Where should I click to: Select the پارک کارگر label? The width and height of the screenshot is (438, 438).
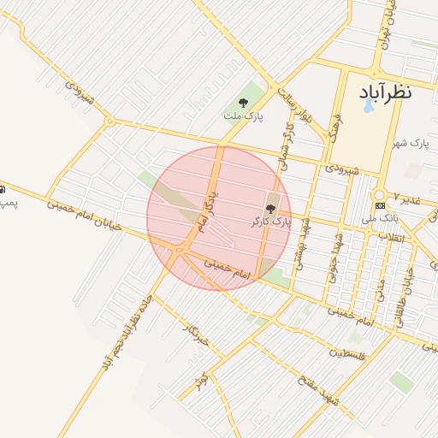pos(271,221)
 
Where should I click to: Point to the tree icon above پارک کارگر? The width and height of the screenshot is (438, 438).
pos(271,209)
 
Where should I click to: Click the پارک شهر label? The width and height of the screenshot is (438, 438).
pos(409,142)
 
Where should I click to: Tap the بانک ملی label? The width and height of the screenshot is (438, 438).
pos(381,219)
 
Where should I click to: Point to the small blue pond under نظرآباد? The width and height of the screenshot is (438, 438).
pos(369,107)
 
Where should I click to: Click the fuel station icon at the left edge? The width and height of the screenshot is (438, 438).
pos(3,188)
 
